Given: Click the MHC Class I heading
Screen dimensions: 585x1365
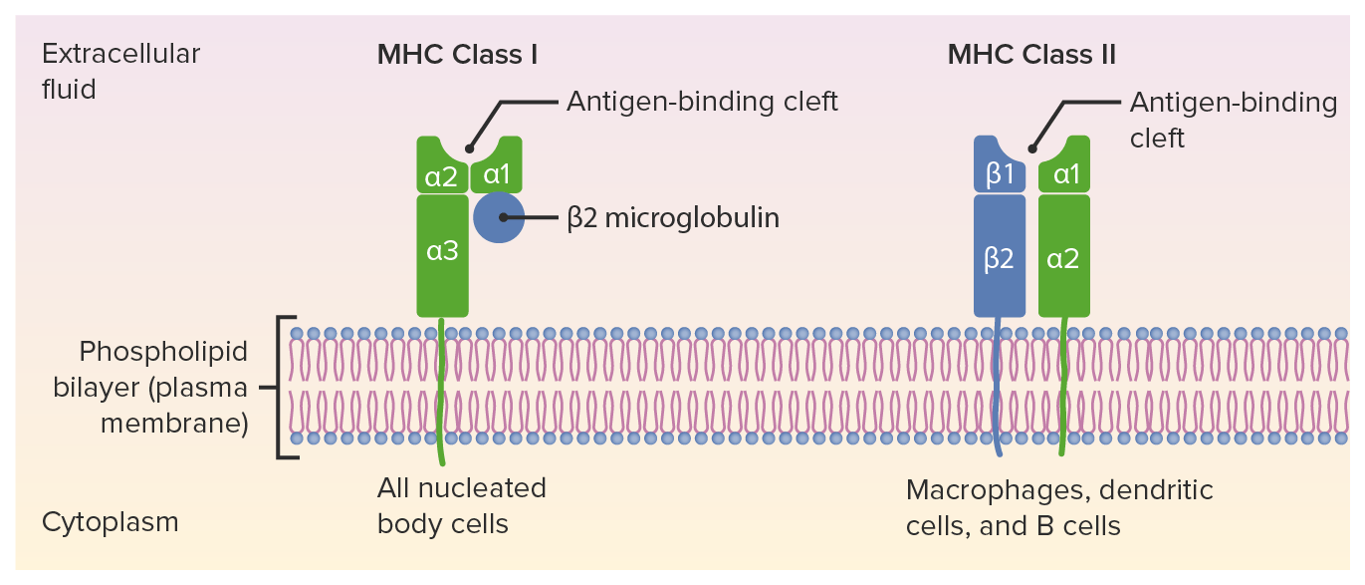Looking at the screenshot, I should coord(457,54).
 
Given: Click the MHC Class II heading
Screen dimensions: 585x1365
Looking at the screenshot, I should coord(1030,54).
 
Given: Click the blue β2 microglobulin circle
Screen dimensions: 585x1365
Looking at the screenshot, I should coord(498,217).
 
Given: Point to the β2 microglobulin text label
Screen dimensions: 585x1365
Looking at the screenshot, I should coord(673,217).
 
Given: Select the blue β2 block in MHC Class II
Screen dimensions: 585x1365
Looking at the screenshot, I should coord(999,257).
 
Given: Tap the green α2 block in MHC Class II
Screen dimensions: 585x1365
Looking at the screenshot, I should coord(1063,257).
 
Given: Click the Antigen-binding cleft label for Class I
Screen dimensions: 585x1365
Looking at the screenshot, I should coord(702,101).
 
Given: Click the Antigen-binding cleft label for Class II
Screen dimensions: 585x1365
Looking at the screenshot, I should coord(1233,119).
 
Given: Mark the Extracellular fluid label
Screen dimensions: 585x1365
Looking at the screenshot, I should coord(120,71).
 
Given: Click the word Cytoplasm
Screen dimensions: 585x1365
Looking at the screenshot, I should coord(110,521).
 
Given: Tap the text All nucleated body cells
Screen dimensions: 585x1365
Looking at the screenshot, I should coord(461,505).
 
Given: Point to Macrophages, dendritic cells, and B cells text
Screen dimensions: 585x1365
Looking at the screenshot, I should coord(1058,506).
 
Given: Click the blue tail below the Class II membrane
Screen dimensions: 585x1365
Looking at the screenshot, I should coord(999,448).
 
